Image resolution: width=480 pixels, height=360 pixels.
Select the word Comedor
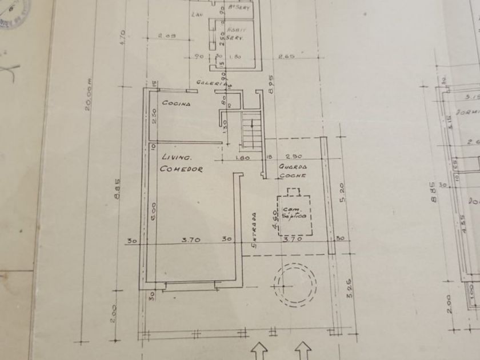coord(181,169)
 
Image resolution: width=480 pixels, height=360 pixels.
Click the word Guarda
coord(293,166)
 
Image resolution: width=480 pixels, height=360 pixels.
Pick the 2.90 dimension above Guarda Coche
coord(294,157)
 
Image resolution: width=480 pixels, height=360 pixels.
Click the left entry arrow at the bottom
coord(260,350)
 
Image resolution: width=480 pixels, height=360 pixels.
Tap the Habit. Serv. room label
coord(235,33)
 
